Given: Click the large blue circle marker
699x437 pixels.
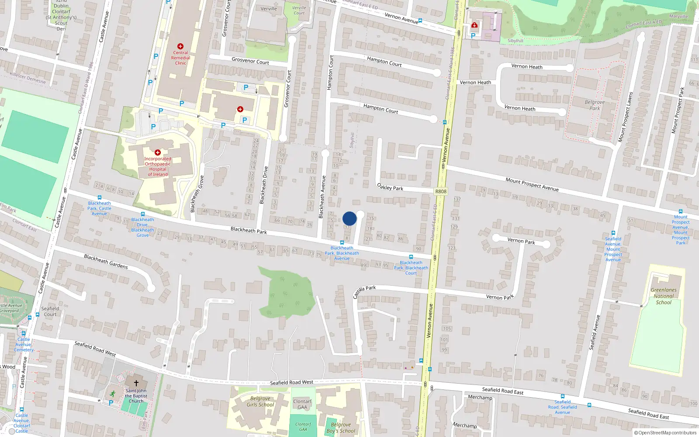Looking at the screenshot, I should pyautogui.click(x=349, y=218).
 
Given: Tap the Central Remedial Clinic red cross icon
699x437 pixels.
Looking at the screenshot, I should pyautogui.click(x=180, y=46).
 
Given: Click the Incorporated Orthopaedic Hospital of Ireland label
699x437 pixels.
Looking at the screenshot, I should pyautogui.click(x=158, y=166).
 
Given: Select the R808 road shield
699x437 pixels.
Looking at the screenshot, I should pyautogui.click(x=441, y=191).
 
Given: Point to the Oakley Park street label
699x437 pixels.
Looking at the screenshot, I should pyautogui.click(x=390, y=187).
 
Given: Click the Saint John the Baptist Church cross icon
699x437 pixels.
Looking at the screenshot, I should pyautogui.click(x=136, y=383).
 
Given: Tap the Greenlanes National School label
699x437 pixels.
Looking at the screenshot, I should pyautogui.click(x=664, y=296).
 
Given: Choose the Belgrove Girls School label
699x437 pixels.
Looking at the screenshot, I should pyautogui.click(x=260, y=402).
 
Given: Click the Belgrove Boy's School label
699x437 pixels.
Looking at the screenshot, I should pyautogui.click(x=341, y=427).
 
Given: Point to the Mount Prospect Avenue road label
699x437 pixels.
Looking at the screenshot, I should pyautogui.click(x=532, y=184).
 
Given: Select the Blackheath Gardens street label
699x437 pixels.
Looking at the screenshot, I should pyautogui.click(x=106, y=262).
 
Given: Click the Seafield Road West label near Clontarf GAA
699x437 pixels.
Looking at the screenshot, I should pyautogui.click(x=291, y=382).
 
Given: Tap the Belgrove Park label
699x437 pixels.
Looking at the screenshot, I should pyautogui.click(x=595, y=105).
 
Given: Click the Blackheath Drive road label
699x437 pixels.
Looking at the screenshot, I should pyautogui.click(x=263, y=185).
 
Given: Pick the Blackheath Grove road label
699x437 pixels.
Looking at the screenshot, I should pyautogui.click(x=196, y=194).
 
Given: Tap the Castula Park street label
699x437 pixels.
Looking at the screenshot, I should pyautogui.click(x=364, y=291).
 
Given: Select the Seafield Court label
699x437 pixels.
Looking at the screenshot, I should pyautogui.click(x=50, y=311).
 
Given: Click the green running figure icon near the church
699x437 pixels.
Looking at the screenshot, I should pyautogui.click(x=113, y=393).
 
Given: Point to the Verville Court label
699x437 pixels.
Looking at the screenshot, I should pyautogui.click(x=299, y=10).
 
